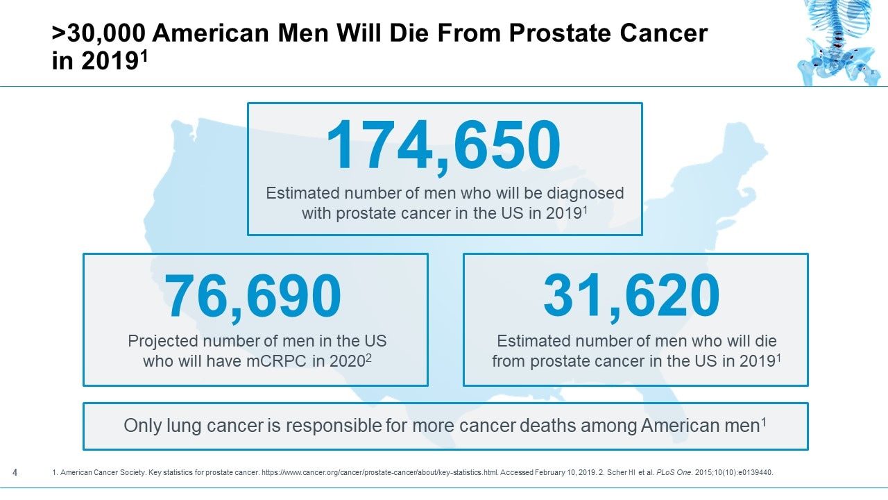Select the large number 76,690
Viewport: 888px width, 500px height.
pos(253,296)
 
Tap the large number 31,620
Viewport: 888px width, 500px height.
pos(631,296)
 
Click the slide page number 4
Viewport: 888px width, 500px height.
pos(15,473)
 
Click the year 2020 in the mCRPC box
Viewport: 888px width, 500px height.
pos(344,362)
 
